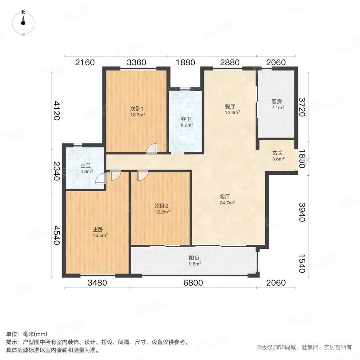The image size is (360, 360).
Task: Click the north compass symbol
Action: pos(23,23)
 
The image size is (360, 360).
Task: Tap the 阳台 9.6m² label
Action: pos(194,260)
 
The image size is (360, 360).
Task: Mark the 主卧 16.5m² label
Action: pos(100,232)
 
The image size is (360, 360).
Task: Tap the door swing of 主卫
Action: pos(100,178)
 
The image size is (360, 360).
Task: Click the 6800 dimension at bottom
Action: pos(193,283)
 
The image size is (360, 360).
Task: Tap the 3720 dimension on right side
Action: pos(303,107)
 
